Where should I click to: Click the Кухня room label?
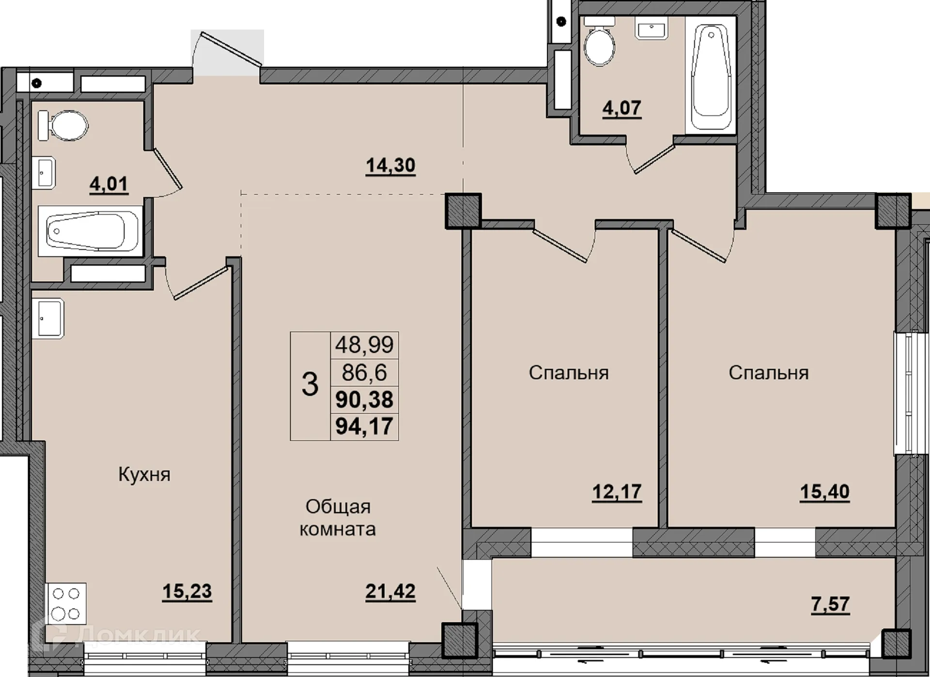tap(144, 475)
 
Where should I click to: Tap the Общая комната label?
tap(338, 518)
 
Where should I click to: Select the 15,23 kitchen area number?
tap(187, 591)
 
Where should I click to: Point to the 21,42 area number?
tap(390, 591)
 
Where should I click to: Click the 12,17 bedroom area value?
tap(617, 492)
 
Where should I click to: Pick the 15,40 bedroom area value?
tap(824, 492)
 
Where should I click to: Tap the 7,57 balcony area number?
tap(830, 604)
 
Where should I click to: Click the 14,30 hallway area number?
tap(390, 166)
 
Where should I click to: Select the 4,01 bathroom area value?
tap(108, 184)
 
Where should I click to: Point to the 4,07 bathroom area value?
tap(622, 108)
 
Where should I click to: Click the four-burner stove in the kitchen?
tap(66, 603)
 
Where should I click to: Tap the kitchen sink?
tap(48, 317)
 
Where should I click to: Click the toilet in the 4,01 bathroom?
tap(63, 126)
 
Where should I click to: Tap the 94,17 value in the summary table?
tap(364, 427)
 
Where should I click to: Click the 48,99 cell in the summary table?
tap(364, 345)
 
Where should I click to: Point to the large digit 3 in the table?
tap(310, 385)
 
